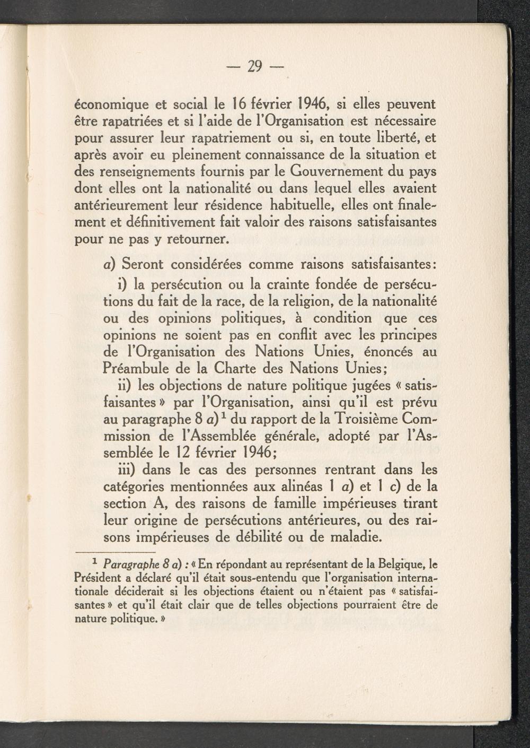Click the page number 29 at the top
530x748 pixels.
255,66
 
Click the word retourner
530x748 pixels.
197,239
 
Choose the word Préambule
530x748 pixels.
142,368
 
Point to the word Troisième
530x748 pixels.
363,419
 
